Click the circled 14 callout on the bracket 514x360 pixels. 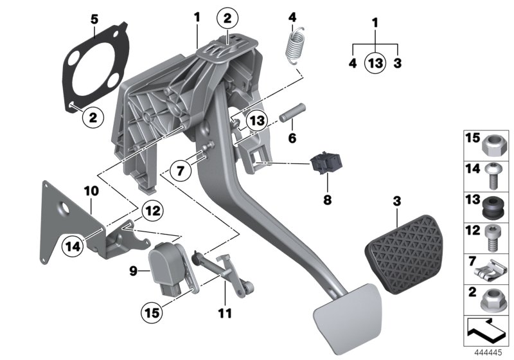74,244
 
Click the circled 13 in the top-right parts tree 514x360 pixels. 376,63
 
